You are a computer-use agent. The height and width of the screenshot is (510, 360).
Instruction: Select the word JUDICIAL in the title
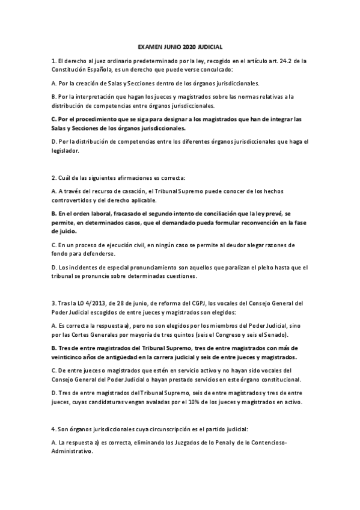tap(214, 46)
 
